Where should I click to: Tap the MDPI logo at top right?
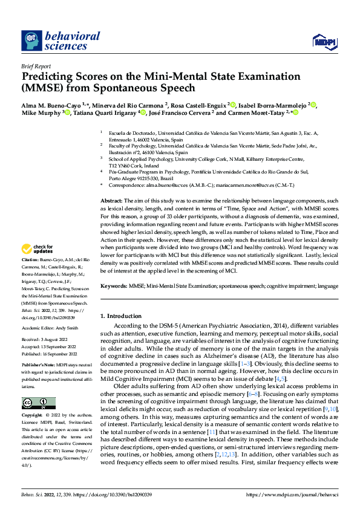324,41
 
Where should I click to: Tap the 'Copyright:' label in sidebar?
32,417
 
